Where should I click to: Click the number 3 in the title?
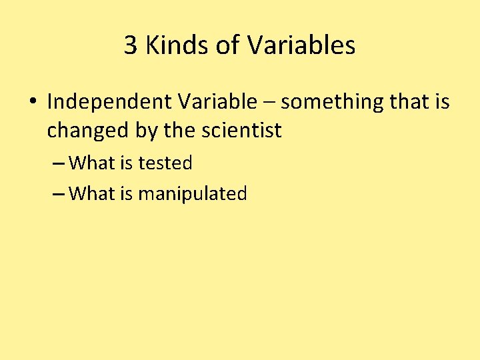coord(131,46)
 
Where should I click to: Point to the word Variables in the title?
coord(301,46)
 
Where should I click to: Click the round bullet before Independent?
coord(33,103)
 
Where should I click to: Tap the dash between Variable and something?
coord(269,103)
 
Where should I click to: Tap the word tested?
coord(165,163)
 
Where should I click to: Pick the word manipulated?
coord(193,194)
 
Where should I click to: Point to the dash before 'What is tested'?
coord(58,163)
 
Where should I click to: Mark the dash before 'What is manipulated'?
coord(58,195)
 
